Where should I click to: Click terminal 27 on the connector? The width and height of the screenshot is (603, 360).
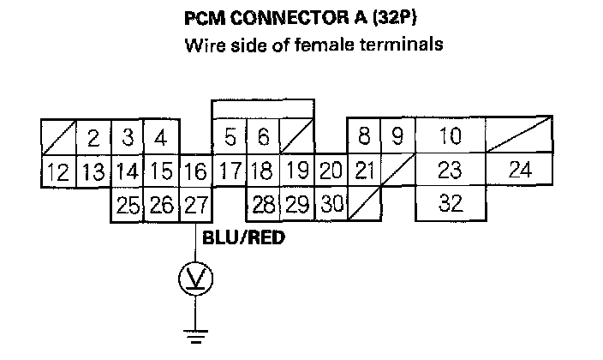coord(195,206)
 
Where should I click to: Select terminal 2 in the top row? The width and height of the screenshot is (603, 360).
coord(93,137)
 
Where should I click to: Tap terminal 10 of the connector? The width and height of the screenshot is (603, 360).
coord(450,136)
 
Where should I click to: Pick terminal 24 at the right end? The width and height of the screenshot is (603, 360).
coord(520,170)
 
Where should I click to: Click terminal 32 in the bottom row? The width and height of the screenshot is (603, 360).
coord(450,205)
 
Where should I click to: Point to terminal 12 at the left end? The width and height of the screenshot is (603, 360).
coord(58,171)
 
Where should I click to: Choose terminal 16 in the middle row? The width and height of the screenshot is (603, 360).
coord(195,171)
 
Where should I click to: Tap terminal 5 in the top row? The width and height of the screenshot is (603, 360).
coord(230,136)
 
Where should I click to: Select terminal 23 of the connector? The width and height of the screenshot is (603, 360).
coord(450,170)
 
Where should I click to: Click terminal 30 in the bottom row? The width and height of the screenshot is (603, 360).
coord(331,206)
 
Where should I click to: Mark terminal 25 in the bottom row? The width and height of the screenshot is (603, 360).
coord(127,206)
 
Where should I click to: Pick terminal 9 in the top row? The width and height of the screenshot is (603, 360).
coord(397,136)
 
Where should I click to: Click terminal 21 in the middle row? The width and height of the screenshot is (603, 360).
coord(364,171)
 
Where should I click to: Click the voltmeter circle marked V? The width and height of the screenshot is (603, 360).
coord(195,277)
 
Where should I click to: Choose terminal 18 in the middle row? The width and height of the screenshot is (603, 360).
coord(263,171)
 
